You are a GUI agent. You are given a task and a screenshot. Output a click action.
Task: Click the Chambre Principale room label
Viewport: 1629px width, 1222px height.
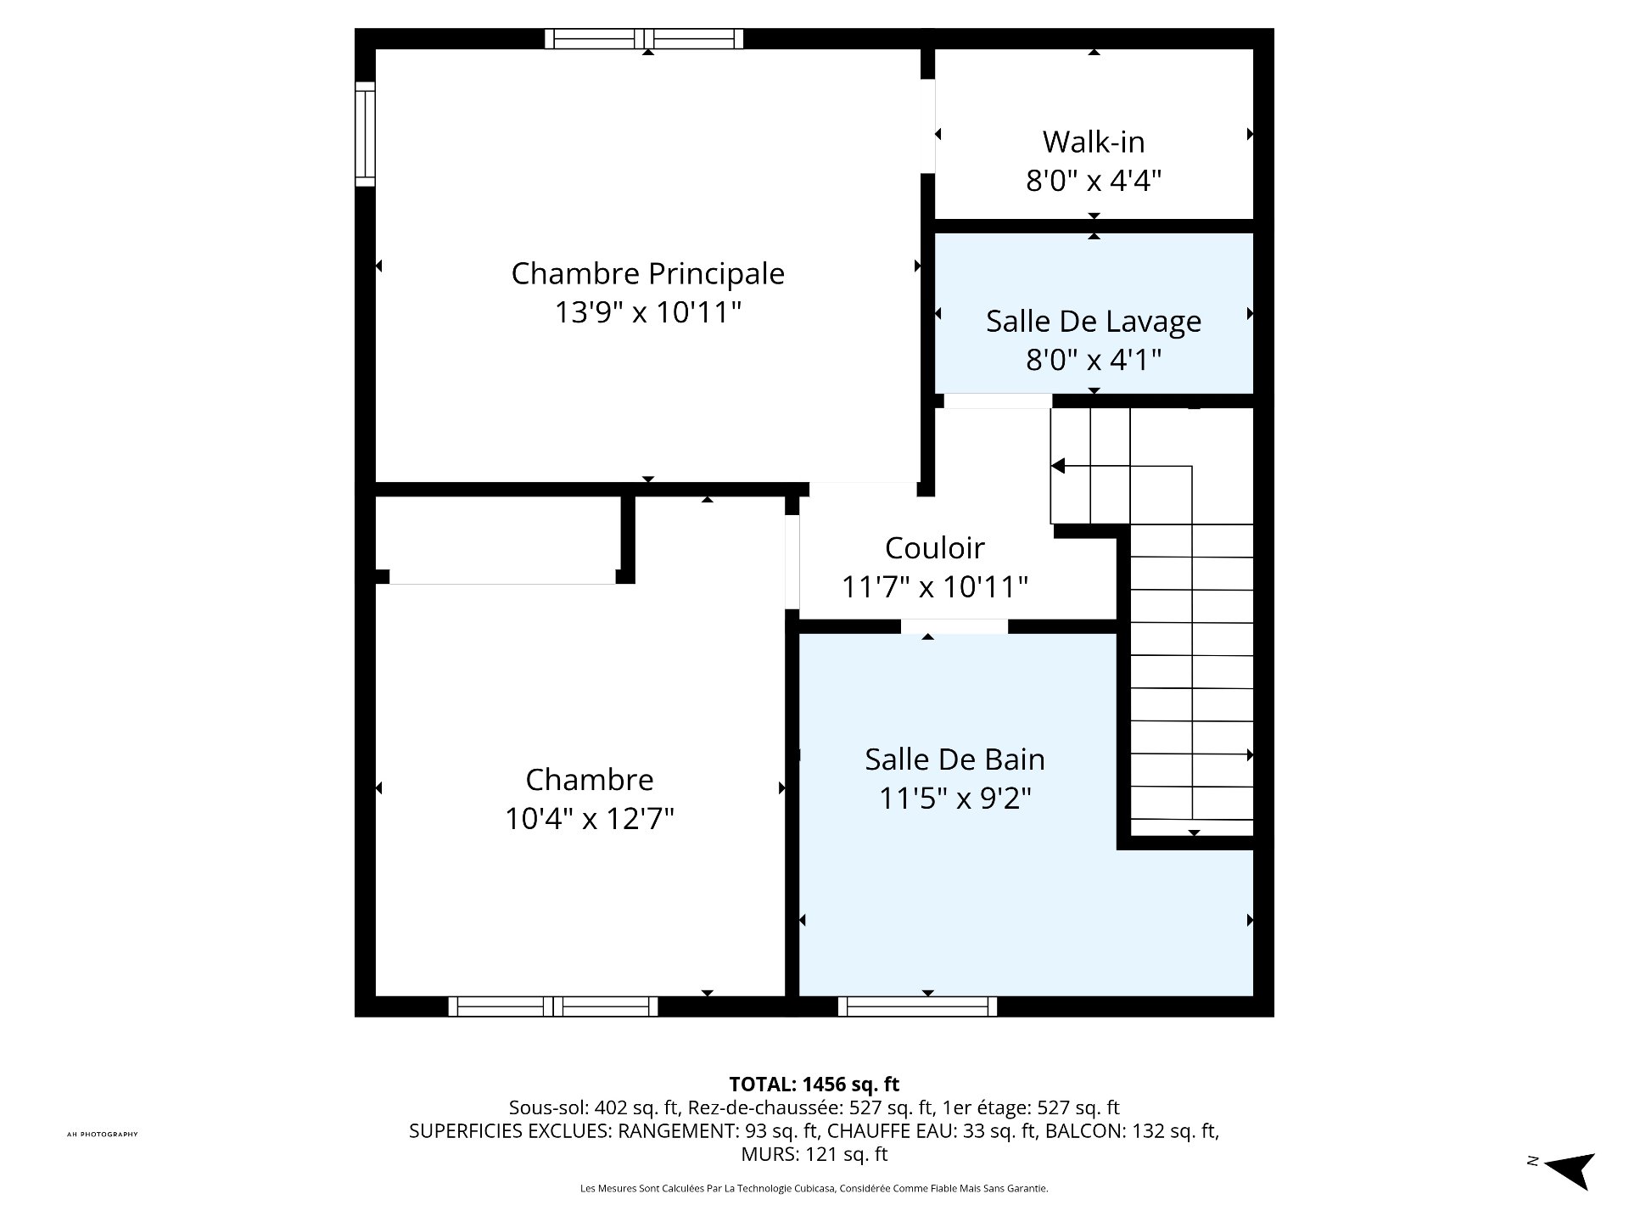point(647,273)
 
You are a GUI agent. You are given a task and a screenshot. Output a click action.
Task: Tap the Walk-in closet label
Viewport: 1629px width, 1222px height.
point(1094,142)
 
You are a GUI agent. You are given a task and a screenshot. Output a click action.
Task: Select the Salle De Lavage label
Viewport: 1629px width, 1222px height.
point(1094,321)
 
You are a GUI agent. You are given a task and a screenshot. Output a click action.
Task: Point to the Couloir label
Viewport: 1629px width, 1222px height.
point(934,547)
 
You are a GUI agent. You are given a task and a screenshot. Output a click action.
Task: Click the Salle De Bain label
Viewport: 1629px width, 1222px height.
point(954,759)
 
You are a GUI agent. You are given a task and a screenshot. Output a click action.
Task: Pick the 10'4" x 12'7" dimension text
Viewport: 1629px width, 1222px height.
point(590,819)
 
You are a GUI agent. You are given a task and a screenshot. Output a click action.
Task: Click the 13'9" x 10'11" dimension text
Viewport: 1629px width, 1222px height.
point(647,312)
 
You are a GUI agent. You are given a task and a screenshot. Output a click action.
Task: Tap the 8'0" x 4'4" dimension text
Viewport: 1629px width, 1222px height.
point(1094,181)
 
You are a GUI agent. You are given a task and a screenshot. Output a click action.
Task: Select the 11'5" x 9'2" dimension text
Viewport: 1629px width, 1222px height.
point(954,799)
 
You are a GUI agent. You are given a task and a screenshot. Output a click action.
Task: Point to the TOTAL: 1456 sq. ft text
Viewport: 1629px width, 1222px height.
point(814,1084)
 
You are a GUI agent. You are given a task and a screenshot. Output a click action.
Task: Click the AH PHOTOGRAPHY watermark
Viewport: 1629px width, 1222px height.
point(102,1135)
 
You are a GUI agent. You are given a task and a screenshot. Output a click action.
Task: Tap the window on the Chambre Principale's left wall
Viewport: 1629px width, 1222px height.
point(365,134)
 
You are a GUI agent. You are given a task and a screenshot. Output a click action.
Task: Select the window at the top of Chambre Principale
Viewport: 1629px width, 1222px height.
point(644,39)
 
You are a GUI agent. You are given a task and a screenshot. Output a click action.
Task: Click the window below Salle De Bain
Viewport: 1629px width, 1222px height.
point(917,1006)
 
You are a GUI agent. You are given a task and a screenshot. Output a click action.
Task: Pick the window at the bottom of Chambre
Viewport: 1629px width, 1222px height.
point(552,1006)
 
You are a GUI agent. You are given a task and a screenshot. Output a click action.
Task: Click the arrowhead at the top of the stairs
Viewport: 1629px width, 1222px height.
point(1058,466)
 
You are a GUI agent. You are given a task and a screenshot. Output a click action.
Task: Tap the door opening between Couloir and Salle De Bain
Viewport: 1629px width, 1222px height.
point(954,626)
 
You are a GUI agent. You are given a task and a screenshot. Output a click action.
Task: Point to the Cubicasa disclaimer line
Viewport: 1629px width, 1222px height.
point(814,1189)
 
